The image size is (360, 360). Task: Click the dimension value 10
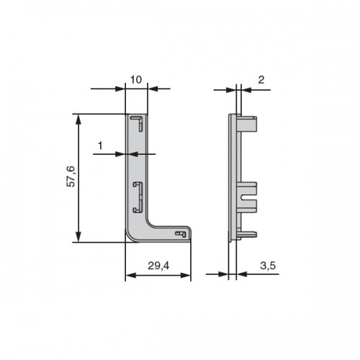136,80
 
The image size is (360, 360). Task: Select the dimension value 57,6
71,176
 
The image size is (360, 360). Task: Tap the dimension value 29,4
158,266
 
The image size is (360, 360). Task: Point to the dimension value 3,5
268,266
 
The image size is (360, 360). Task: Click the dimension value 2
261,80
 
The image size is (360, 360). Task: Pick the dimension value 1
100,145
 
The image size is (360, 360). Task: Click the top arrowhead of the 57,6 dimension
78,120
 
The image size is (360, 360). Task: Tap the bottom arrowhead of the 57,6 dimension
78,237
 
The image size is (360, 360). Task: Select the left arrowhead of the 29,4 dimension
130,275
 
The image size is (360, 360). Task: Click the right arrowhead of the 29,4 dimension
186,275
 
